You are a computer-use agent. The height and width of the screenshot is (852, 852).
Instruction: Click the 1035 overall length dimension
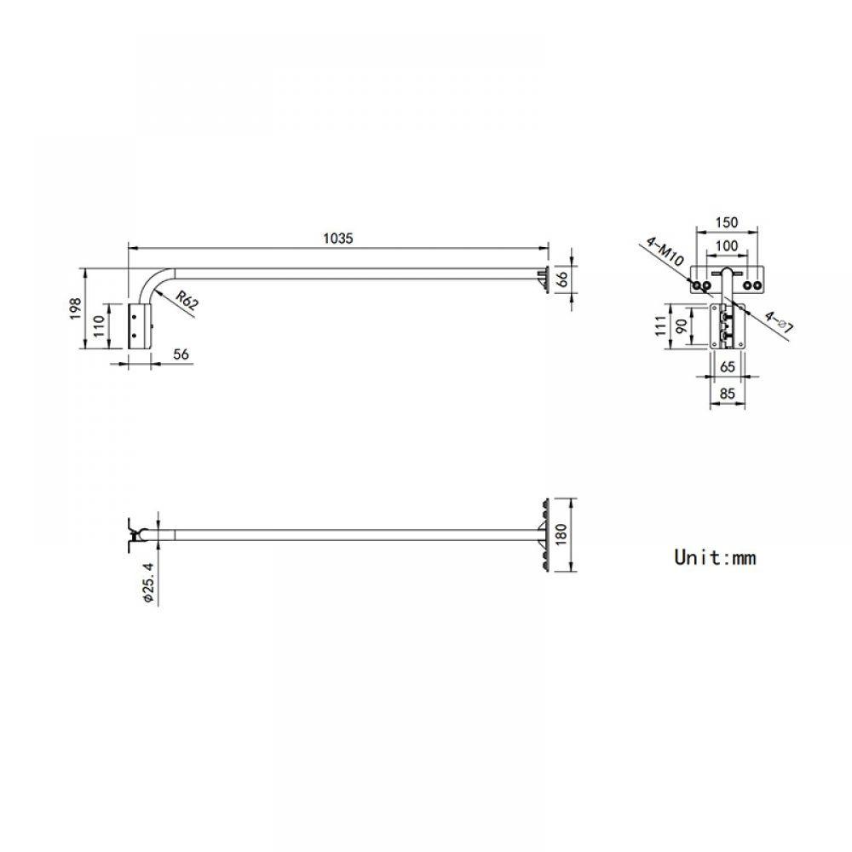[x=338, y=239]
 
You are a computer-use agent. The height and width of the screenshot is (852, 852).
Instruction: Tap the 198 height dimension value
[x=76, y=308]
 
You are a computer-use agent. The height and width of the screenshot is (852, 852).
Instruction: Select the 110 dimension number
[x=99, y=326]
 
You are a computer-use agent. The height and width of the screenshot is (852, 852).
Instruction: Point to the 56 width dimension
[x=181, y=354]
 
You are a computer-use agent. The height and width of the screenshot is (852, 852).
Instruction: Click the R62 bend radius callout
[x=187, y=300]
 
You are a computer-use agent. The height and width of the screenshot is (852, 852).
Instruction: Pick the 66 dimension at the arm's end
[x=563, y=279]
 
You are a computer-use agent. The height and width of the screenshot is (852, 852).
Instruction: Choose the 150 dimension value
[x=727, y=222]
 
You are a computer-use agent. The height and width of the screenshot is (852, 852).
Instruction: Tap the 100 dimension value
[x=727, y=245]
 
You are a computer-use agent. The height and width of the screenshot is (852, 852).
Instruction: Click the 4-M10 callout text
[x=665, y=251]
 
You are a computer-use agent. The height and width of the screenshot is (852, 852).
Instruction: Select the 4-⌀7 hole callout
[x=779, y=321]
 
